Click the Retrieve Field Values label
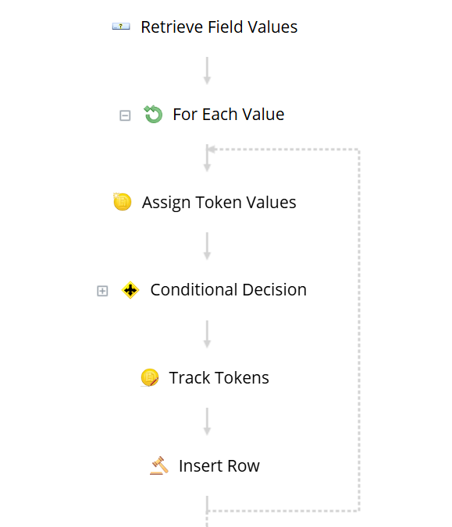pos(219,27)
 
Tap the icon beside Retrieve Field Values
pos(121,27)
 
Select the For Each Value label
pos(229,115)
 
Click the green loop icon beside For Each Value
pos(153,114)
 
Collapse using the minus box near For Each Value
pos(125,115)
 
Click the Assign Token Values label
pos(219,203)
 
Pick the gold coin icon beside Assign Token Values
pos(122,202)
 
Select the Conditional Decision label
pos(229,290)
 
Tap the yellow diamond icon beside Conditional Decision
pos(130,290)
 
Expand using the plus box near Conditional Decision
pos(102,291)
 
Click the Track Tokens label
pos(219,378)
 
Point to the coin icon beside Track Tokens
pos(150,377)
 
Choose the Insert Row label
pos(219,466)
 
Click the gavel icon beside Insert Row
pos(158,465)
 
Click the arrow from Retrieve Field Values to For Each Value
pos(208,71)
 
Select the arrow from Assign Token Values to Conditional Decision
pos(208,246)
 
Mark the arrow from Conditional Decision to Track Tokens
pos(208,334)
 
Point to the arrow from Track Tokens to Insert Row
pos(208,422)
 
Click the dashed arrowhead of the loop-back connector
pos(212,150)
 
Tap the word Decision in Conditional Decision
pos(274,290)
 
